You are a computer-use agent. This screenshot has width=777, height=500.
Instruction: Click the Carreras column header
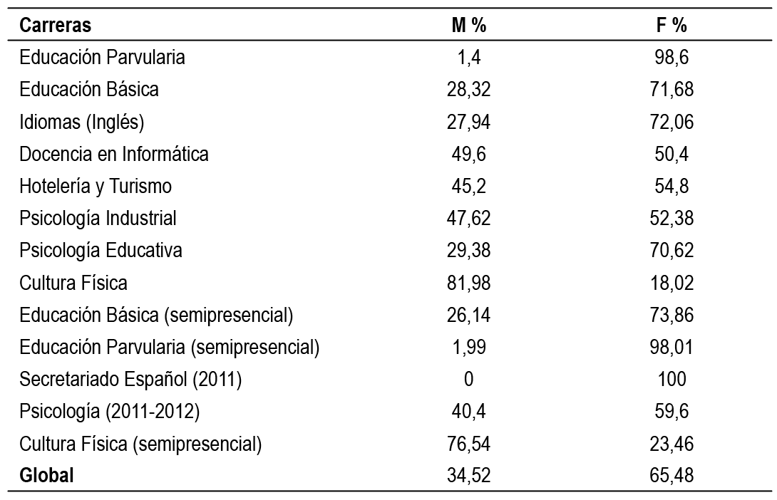[56, 26]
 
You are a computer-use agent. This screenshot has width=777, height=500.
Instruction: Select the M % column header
[468, 26]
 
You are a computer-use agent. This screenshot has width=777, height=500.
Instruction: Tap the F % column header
[671, 26]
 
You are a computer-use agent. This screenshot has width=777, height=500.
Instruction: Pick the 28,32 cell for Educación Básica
[468, 90]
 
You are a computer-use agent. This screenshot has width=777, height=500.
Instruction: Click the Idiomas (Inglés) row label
[82, 123]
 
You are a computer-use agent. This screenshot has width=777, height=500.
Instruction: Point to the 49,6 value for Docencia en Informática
[468, 155]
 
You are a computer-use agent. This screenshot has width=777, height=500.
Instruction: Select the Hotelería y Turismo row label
[96, 187]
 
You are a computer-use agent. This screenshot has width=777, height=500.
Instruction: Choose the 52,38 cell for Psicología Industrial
[671, 219]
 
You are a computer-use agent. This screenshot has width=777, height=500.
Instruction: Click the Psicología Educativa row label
[101, 251]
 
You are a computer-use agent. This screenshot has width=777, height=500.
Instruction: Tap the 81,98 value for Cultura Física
[468, 283]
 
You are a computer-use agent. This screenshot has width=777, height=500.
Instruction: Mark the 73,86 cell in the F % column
[671, 315]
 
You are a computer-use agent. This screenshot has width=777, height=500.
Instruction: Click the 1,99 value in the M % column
[468, 348]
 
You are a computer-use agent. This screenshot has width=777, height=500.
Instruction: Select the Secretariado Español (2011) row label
[131, 380]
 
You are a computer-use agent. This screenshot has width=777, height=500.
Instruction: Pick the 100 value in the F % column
[671, 380]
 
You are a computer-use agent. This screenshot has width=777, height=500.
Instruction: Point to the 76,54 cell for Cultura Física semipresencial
[468, 444]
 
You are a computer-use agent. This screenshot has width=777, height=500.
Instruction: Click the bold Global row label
[47, 476]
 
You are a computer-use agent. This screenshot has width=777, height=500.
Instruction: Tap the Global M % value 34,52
[468, 476]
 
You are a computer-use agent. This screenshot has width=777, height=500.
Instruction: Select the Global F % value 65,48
[671, 476]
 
